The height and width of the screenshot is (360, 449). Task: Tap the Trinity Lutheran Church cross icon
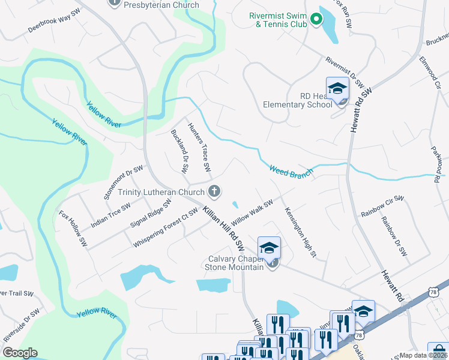click(214, 192)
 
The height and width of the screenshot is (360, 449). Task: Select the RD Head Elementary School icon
click(337, 89)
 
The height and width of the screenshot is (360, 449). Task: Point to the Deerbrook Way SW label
click(53, 21)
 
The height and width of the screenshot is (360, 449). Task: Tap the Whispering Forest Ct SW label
click(166, 228)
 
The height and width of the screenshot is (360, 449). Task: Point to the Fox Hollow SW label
click(73, 229)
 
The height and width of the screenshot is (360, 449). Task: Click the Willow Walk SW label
click(252, 212)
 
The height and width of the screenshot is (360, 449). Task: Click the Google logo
click(20, 353)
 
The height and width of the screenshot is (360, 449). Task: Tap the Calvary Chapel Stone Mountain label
click(234, 263)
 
